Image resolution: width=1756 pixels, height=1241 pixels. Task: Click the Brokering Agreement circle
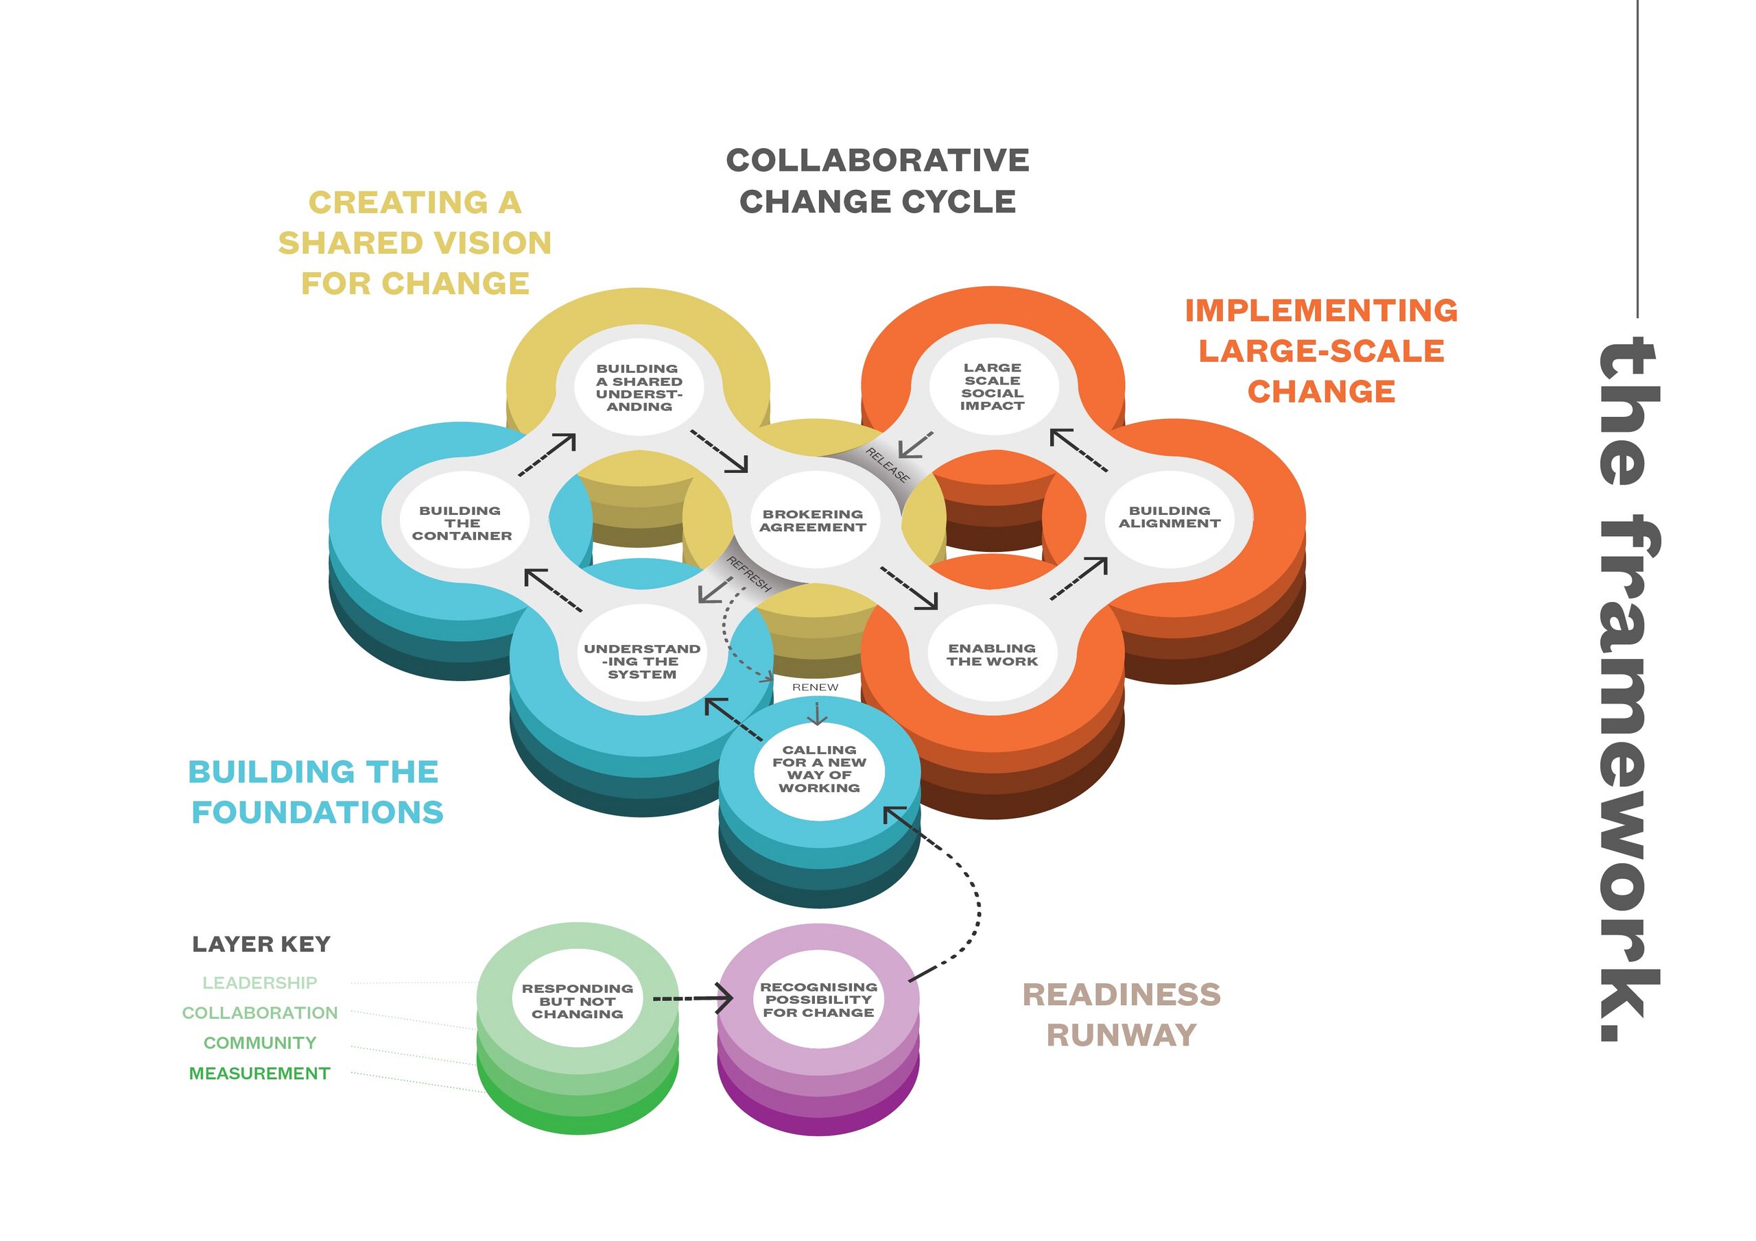tap(813, 520)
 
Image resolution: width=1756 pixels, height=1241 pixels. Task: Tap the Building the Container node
tap(462, 522)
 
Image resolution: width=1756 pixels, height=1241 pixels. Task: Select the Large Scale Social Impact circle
tap(993, 387)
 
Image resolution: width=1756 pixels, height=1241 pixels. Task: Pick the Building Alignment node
tap(1170, 518)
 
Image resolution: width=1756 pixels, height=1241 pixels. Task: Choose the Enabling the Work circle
tap(993, 655)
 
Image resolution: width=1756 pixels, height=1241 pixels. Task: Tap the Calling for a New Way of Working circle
tap(819, 769)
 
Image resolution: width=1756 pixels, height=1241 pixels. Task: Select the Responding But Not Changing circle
tap(578, 1001)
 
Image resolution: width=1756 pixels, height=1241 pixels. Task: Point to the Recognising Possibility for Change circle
tap(818, 1000)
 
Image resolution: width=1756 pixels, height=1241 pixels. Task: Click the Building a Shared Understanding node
tap(639, 387)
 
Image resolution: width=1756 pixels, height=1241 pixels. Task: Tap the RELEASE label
tap(888, 465)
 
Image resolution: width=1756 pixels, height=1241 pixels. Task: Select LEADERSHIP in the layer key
tap(260, 983)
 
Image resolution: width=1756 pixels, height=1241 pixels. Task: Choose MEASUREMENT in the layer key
tap(259, 1074)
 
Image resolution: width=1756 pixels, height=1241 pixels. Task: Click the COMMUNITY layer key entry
tap(259, 1043)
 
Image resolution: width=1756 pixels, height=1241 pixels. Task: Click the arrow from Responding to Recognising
tap(693, 998)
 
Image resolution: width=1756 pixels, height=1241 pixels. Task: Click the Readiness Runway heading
tap(1122, 1015)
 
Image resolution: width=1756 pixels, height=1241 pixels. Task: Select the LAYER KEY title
tap(261, 944)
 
